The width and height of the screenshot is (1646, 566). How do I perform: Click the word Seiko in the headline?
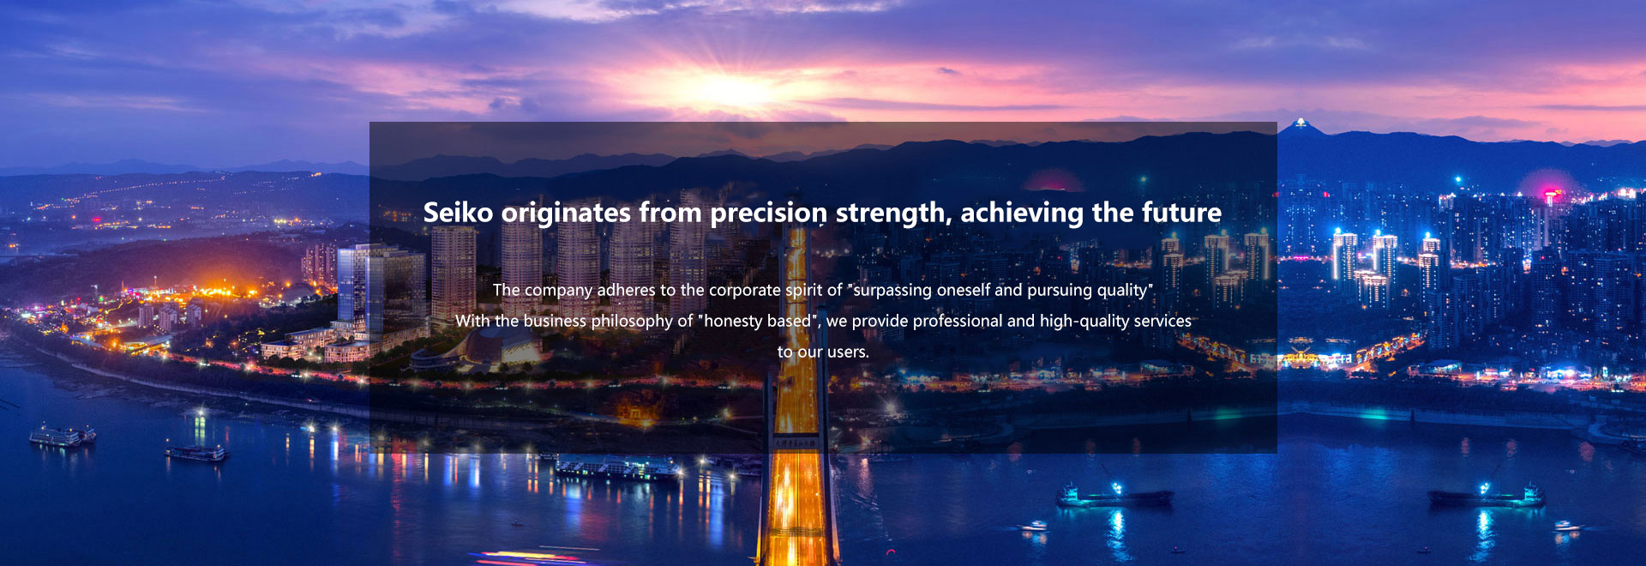[458, 213]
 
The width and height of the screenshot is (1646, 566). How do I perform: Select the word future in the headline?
[1181, 213]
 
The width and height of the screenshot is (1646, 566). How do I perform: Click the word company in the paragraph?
[558, 291]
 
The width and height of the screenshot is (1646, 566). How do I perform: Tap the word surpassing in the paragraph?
[892, 291]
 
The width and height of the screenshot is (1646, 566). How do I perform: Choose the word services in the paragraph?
[1162, 321]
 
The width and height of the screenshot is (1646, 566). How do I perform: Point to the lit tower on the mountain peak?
[1301, 123]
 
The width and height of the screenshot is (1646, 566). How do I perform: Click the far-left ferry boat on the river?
[62, 436]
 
